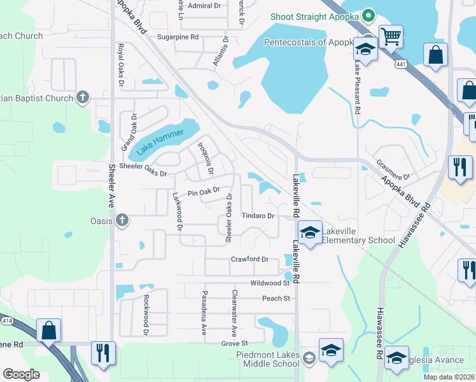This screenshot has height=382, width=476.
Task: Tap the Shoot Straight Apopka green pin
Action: pos(367,17)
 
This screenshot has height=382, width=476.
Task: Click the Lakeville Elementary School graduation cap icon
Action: pos(310,233)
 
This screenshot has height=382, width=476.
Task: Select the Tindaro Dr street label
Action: pos(258,216)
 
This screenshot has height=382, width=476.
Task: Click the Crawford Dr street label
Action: pos(249,259)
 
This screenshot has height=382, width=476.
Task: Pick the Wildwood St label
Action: pos(270,283)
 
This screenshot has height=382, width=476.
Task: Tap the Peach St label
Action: pos(276,298)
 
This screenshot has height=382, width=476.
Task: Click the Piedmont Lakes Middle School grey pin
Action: pos(309,357)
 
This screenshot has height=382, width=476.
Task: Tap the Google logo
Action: pos(21,374)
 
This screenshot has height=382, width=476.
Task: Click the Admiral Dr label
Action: pos(204,6)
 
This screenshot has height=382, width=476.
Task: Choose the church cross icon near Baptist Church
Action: pos(82,97)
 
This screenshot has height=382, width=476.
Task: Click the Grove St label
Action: pos(234,343)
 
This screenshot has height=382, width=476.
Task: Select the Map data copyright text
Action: pos(448,377)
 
